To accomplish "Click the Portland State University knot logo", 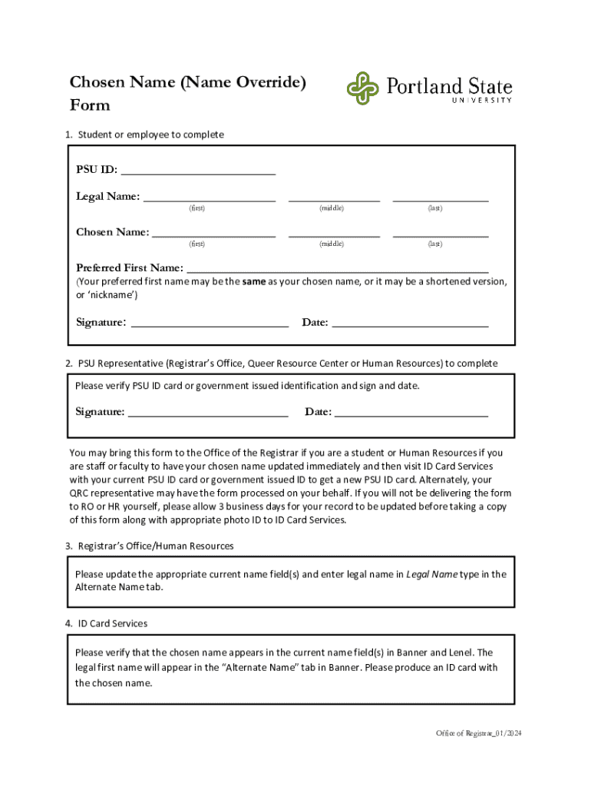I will [362, 88].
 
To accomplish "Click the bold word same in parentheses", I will [254, 282].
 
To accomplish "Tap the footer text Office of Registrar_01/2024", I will [474, 733].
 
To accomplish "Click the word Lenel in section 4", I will [461, 653].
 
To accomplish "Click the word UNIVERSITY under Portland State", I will [480, 100].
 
